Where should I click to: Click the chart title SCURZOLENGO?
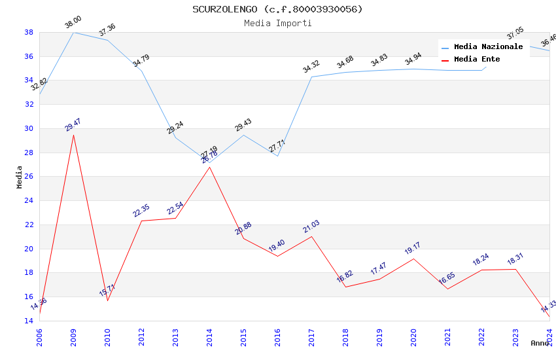(277, 9)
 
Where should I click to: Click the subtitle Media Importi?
(277, 23)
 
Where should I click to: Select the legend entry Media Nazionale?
(488, 47)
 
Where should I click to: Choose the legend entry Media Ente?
(477, 60)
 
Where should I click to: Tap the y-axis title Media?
(20, 176)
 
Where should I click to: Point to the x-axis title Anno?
(540, 343)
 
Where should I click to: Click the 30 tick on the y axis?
(29, 128)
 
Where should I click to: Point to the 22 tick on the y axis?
(29, 225)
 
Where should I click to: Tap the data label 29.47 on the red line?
(73, 125)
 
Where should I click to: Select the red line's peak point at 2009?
(73, 135)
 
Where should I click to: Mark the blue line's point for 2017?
(311, 77)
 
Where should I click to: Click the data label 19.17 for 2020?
(413, 248)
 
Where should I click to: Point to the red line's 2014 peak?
(209, 167)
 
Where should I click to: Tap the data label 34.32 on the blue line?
(311, 66)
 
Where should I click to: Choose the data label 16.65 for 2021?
(447, 279)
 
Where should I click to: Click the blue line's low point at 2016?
(277, 156)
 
